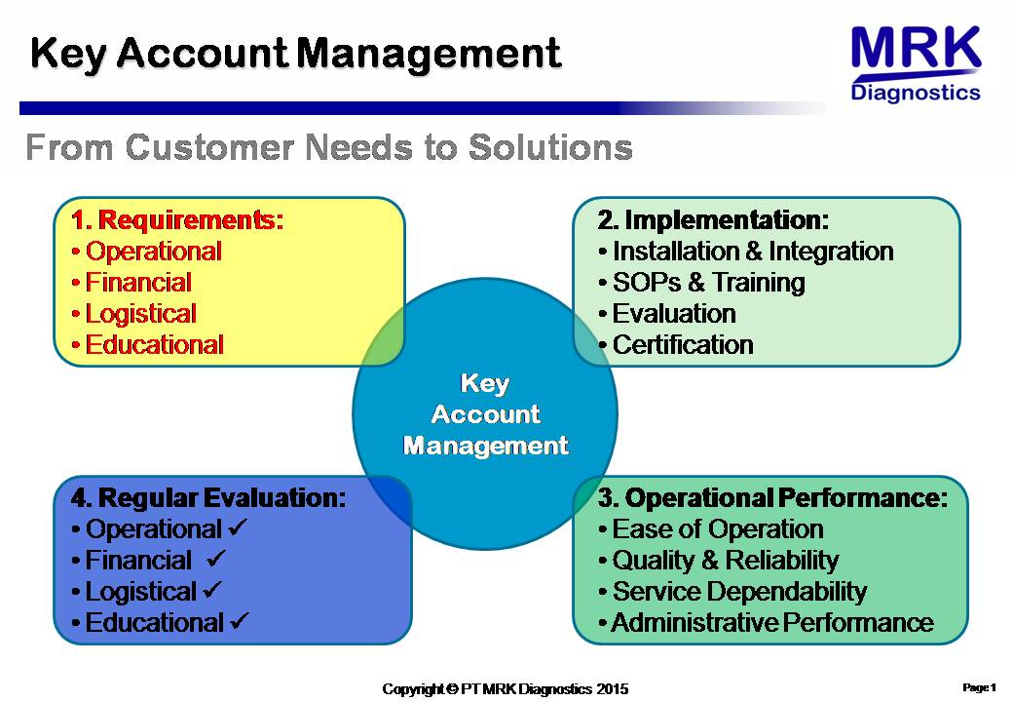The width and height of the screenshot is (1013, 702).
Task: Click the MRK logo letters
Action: click(917, 47)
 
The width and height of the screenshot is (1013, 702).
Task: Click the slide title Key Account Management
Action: click(296, 53)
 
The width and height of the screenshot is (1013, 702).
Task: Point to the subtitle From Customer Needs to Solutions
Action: click(329, 146)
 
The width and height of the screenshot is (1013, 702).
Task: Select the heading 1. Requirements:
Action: click(177, 219)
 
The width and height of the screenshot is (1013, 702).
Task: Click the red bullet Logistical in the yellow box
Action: click(134, 314)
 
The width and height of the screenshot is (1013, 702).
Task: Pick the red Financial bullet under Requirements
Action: click(131, 283)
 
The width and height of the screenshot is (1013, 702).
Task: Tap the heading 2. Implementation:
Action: click(713, 219)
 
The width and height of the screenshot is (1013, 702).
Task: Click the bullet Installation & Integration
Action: click(746, 251)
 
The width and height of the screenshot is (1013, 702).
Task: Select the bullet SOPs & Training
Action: click(701, 283)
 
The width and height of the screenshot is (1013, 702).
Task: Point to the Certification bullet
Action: click(676, 344)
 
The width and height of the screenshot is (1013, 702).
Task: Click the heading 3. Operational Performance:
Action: click(772, 497)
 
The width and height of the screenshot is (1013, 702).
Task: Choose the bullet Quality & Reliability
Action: click(719, 560)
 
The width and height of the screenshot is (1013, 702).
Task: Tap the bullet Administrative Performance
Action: click(767, 622)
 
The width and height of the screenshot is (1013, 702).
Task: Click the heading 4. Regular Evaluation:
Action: click(208, 497)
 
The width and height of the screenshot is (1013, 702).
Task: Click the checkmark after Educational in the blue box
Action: click(239, 620)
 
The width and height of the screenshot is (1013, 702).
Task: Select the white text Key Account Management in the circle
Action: click(485, 414)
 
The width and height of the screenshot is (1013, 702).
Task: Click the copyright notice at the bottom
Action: click(506, 689)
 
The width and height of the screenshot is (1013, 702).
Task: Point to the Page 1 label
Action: click(980, 687)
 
